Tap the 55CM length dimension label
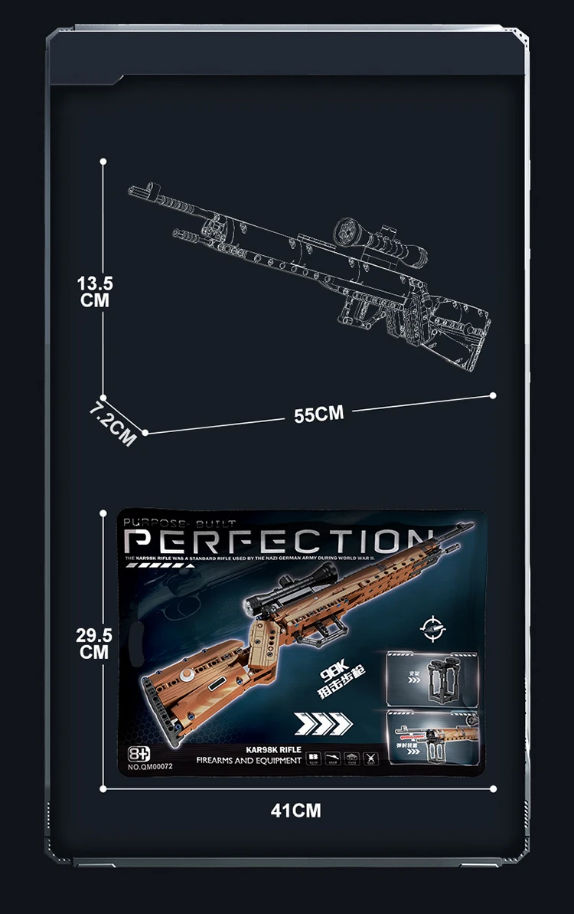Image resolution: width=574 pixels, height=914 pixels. [x=319, y=414]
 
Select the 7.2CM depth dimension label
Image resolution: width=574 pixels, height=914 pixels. [x=113, y=424]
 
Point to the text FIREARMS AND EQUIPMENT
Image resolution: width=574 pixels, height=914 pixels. [x=249, y=760]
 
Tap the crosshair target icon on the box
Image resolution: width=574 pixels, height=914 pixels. [x=432, y=630]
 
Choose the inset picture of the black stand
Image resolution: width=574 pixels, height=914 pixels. [x=432, y=677]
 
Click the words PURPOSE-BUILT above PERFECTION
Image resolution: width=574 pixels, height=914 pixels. [x=170, y=523]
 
